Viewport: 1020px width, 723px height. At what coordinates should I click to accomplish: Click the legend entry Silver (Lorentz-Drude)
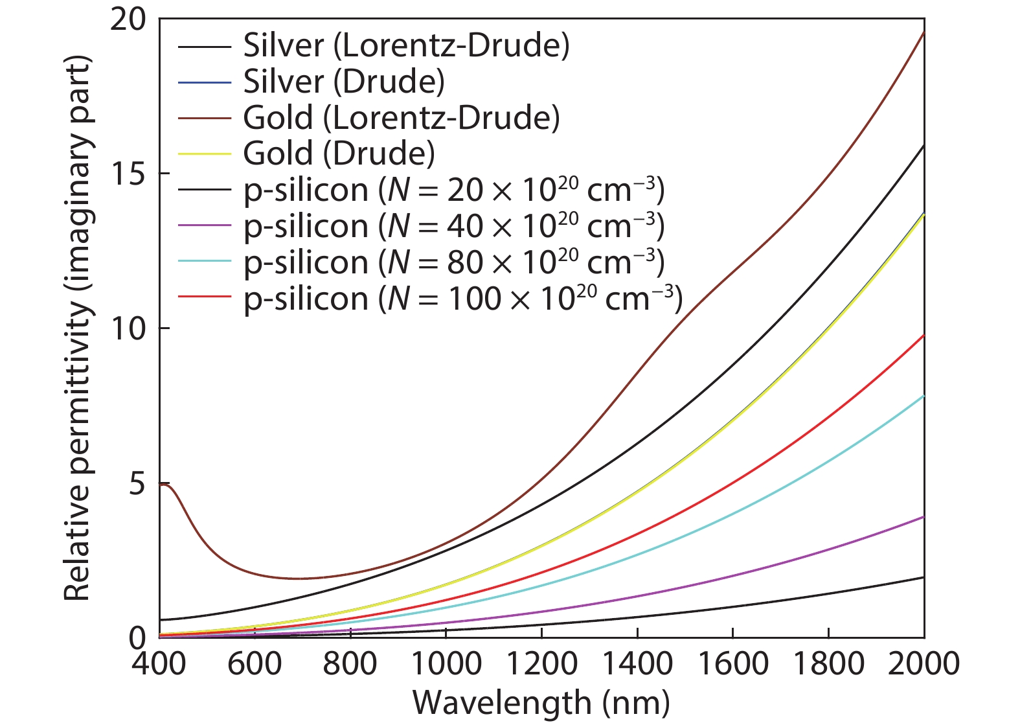pos(406,45)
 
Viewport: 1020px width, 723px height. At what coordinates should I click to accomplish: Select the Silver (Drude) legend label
pos(344,82)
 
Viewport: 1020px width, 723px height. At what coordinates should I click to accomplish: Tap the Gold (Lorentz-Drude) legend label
pos(402,118)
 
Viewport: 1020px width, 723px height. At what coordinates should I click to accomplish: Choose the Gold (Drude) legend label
pos(339,154)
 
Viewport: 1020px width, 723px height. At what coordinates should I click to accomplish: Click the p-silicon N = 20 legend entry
pos(454,190)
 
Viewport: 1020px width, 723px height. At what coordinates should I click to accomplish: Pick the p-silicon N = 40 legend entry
pos(454,226)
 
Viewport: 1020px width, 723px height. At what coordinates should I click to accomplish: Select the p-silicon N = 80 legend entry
pos(454,262)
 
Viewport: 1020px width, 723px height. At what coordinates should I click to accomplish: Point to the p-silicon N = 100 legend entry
pos(463,299)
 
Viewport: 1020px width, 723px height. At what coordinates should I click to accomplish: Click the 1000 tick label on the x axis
pos(446,664)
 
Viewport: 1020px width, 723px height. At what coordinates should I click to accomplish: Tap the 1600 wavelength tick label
pos(732,664)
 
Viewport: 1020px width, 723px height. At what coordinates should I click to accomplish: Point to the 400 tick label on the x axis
pos(159,664)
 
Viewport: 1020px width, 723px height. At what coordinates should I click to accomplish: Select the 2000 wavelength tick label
pos(924,664)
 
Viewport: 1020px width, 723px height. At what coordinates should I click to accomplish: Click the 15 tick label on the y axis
pos(127,174)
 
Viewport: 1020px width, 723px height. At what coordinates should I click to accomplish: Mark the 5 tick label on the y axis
pos(136,483)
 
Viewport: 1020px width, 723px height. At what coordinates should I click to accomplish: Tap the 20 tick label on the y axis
pos(127,19)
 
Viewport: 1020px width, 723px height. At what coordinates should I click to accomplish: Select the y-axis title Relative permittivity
pos(77,328)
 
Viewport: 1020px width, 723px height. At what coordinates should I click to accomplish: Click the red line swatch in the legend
pos(204,297)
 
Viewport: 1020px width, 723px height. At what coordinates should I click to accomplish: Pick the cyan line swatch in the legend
pos(204,261)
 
